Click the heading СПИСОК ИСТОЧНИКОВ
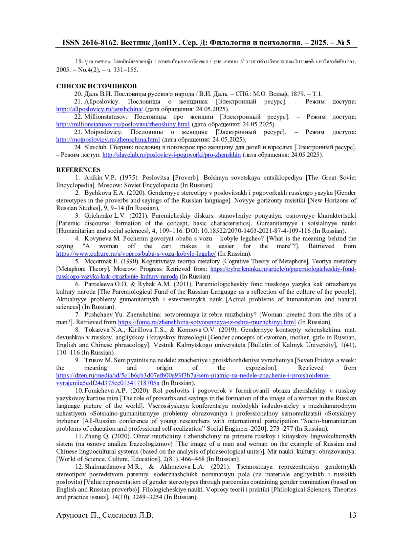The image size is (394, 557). (96, 86)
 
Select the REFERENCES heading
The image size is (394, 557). (78, 170)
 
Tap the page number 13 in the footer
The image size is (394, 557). (352, 515)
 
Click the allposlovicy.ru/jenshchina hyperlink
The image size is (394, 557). (99, 109)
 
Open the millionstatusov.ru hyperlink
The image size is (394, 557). (123, 124)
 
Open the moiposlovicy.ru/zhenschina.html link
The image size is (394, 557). (108, 139)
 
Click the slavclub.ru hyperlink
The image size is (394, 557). (171, 155)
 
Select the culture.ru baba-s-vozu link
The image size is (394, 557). (136, 254)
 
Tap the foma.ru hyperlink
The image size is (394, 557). (207, 322)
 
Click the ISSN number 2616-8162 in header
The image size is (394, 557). (98, 42)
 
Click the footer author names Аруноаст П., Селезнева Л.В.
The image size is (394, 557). (105, 515)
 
